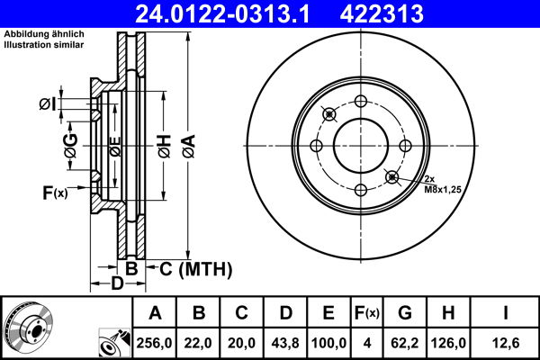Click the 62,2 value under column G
405,343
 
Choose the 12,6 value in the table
506,343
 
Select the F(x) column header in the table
367,313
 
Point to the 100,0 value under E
329,343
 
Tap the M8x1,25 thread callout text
443,191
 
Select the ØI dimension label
47,105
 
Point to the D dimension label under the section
116,285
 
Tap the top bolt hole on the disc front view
361,101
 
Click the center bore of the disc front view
361,145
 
